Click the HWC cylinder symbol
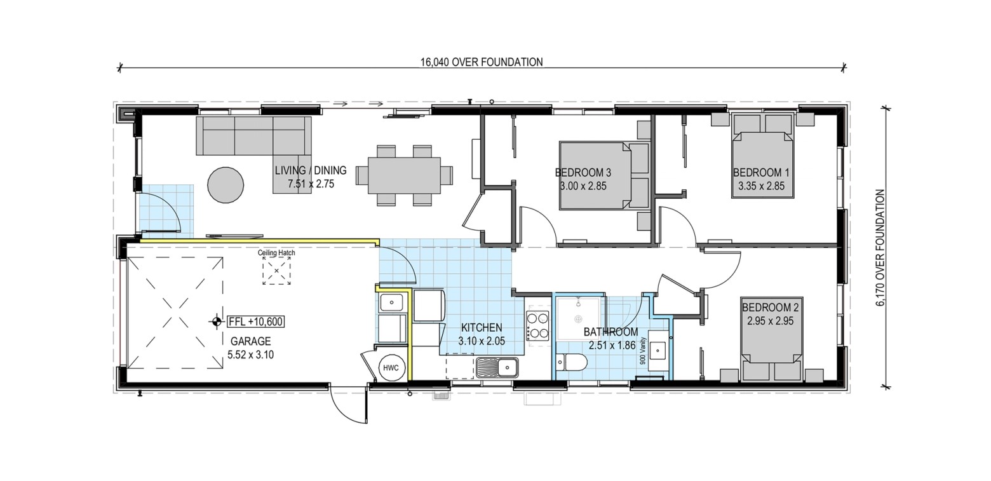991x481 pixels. [x=391, y=368]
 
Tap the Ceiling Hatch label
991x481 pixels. [x=276, y=253]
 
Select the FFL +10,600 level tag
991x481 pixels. [x=256, y=322]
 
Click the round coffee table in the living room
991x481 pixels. [x=226, y=185]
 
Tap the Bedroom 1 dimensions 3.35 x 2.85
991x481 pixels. [x=761, y=186]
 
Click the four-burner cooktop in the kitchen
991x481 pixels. [x=537, y=325]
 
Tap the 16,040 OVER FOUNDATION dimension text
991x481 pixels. [x=482, y=62]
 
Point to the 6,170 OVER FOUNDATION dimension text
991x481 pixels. [x=880, y=248]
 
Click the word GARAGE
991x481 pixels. [x=250, y=341]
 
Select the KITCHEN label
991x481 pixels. [x=482, y=327]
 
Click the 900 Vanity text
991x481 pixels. [x=643, y=351]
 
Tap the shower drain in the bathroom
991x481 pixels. [x=578, y=318]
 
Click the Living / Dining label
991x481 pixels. [x=311, y=170]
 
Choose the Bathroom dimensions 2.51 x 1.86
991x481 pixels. [x=612, y=345]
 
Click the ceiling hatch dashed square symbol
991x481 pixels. [x=276, y=271]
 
